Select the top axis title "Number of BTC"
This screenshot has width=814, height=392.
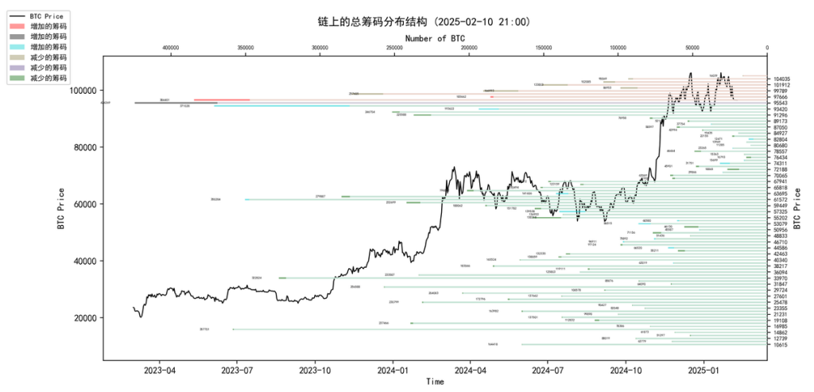point(435,37)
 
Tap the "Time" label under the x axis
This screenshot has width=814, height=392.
point(435,382)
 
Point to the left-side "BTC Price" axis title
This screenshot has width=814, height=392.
point(60,209)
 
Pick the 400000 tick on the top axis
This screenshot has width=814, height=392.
point(170,48)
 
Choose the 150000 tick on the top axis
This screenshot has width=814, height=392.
point(543,48)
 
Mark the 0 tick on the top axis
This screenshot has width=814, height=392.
point(767,48)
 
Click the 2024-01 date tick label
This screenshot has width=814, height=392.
point(393,370)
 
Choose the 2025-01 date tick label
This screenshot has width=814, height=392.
point(704,370)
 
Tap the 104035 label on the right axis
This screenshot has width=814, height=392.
point(781,80)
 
